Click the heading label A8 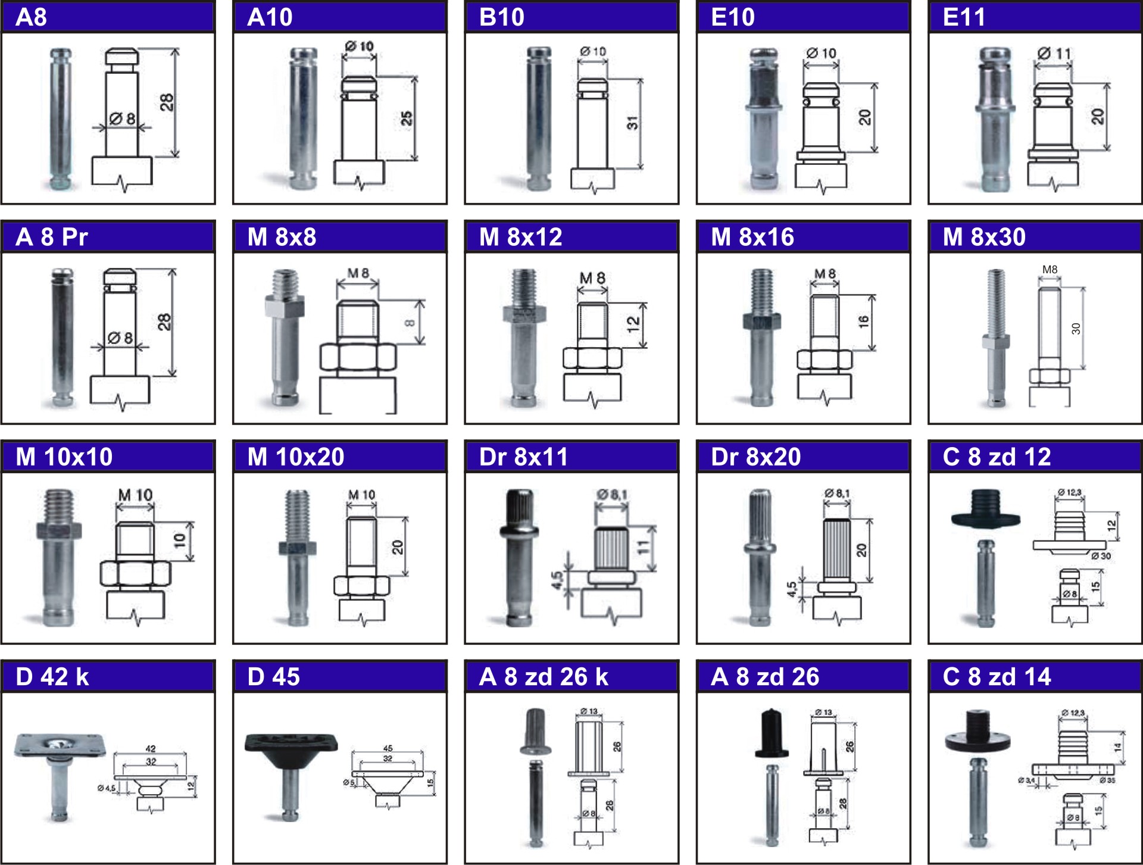coord(31,17)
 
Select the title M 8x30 coord(984,237)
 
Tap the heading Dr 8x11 coord(523,457)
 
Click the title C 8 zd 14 coord(997,677)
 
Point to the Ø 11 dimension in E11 coord(1054,54)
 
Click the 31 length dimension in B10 coord(632,123)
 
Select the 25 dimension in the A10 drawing coord(407,118)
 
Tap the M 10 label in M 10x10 coord(135,495)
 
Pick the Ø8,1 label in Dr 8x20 coord(837,493)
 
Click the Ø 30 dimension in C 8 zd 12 coord(1101,556)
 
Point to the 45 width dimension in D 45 coord(388,748)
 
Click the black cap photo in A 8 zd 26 coord(772,732)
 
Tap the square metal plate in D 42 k coord(61,744)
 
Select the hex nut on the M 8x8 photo coord(285,307)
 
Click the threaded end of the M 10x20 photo coord(297,516)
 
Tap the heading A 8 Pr coord(52,237)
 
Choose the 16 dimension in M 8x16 coord(863,322)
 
